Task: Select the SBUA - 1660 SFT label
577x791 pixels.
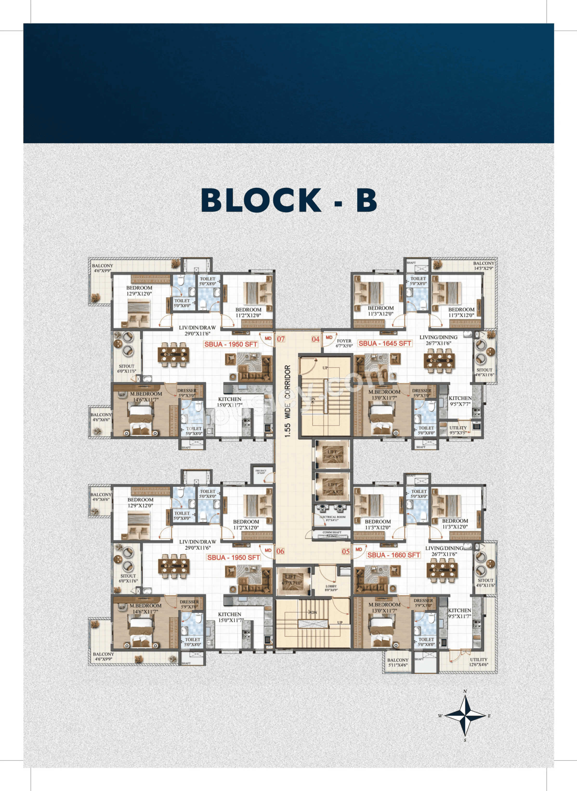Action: (x=393, y=555)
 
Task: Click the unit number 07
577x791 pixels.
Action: (x=281, y=339)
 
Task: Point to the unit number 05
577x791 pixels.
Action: (x=345, y=552)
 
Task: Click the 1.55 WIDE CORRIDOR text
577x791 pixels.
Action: (x=288, y=401)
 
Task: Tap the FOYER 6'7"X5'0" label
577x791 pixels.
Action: (x=344, y=343)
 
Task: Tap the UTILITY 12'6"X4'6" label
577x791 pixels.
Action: (x=479, y=662)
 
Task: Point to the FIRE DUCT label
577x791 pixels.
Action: (x=261, y=472)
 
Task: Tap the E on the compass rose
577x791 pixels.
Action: (x=489, y=716)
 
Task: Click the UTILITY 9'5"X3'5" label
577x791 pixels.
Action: (x=458, y=430)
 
